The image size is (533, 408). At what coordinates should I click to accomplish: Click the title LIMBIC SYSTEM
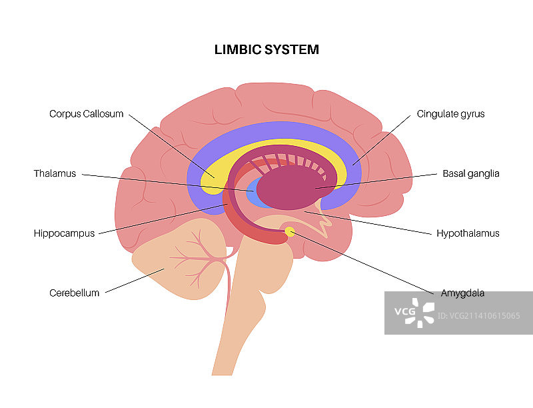[266, 49]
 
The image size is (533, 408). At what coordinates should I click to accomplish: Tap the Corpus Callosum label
[87, 114]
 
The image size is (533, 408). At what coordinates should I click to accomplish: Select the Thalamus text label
[55, 174]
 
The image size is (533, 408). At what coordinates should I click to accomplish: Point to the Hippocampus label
[65, 233]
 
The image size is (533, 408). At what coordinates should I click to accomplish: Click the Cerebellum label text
[74, 293]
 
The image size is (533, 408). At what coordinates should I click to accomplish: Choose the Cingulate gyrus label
[450, 114]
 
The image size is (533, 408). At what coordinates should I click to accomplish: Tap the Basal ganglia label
[470, 174]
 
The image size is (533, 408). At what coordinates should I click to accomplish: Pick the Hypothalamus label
[468, 233]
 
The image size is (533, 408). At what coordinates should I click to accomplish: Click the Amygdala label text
[462, 293]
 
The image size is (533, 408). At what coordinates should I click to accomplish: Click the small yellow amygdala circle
[290, 231]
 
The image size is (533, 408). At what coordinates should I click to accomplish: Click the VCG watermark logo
[414, 313]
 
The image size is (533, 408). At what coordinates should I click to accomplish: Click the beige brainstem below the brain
[257, 300]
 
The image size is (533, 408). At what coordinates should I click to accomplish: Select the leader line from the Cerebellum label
[133, 281]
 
